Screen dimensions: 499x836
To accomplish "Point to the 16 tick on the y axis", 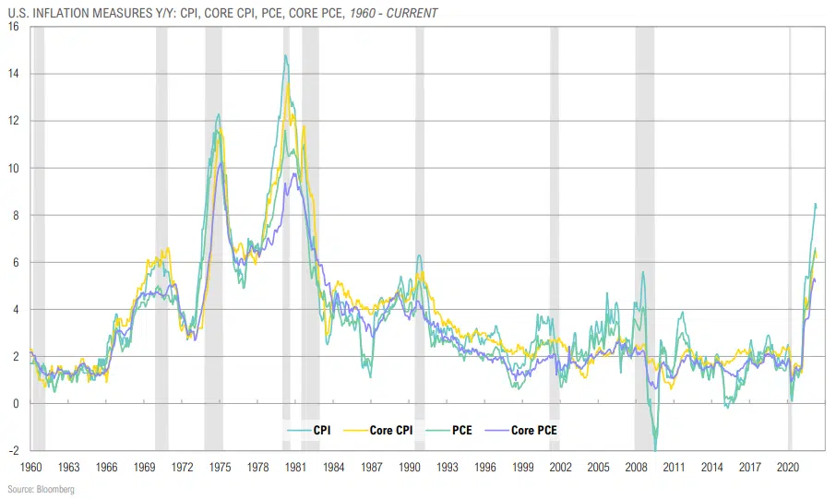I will click(x=13, y=26).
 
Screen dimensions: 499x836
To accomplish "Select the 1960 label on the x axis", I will click(x=31, y=467).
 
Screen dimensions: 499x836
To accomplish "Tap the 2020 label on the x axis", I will click(x=788, y=467).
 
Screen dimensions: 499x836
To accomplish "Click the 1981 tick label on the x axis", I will click(x=296, y=467).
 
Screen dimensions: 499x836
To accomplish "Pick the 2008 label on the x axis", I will click(x=637, y=467).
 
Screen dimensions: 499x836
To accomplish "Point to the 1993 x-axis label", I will click(x=448, y=467).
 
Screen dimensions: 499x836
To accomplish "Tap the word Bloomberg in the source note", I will click(x=56, y=489).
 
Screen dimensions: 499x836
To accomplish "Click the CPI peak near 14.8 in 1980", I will click(x=285, y=55).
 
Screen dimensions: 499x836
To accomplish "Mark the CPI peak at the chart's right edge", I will click(x=815, y=204).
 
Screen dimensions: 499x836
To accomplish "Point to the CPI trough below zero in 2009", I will click(x=655, y=450).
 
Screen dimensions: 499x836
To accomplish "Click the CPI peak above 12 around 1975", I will click(x=219, y=114).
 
